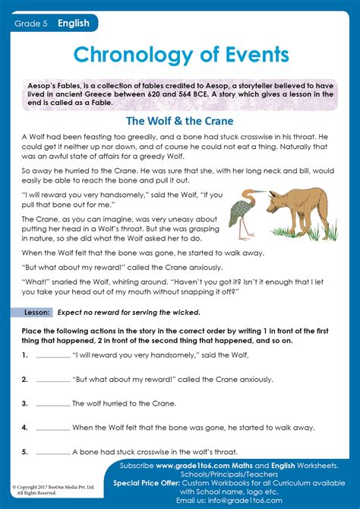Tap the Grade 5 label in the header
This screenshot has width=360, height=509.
click(x=30, y=24)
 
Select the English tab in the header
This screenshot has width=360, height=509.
click(x=74, y=24)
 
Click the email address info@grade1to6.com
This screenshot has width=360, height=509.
click(x=251, y=500)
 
